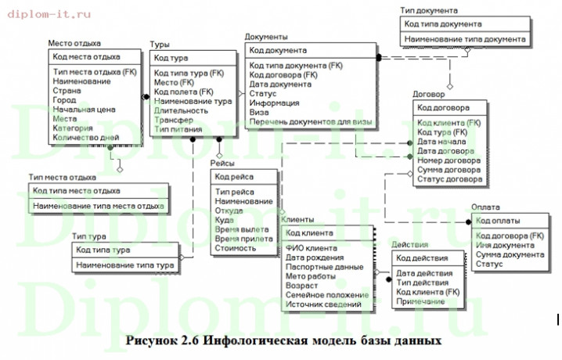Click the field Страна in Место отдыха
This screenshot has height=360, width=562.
67,90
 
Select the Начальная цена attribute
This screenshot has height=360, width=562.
85,109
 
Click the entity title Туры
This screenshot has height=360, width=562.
160,45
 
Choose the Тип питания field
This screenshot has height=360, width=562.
178,130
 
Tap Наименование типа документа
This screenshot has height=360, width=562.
464,38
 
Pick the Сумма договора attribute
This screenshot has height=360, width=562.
450,170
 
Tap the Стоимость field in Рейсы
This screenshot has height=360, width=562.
236,248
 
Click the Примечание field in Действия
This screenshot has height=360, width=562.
421,301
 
